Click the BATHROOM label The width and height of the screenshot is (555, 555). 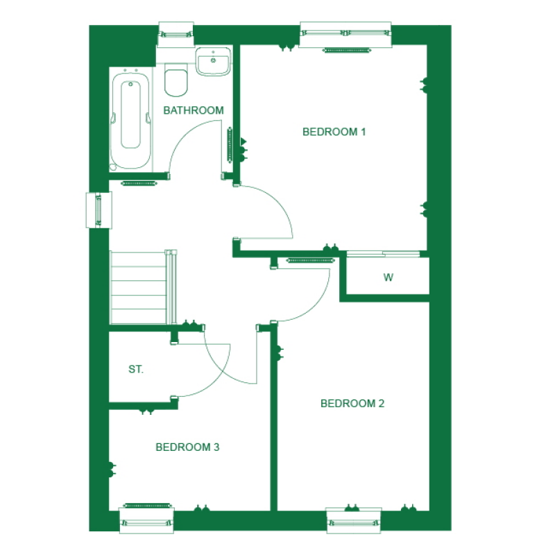193,110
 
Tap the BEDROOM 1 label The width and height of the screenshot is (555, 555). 334,132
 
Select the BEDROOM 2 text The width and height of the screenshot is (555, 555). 352,404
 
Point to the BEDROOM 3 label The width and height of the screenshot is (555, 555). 187,447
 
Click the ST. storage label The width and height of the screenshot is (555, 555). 136,370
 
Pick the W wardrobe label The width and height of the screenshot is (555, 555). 388,278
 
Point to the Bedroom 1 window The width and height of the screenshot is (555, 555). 345,34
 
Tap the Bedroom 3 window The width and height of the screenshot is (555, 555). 146,518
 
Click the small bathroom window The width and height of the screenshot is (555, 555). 175,33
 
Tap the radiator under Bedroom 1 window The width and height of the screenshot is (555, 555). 344,50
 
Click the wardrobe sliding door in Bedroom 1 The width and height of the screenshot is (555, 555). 383,254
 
